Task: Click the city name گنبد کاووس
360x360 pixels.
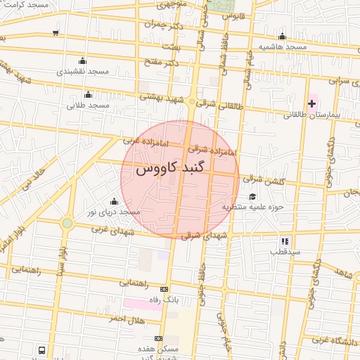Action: [x=179, y=169]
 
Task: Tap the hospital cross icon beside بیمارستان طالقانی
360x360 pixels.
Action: [x=311, y=104]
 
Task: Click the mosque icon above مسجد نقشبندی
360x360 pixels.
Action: [x=83, y=60]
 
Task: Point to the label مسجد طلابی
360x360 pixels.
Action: [x=88, y=105]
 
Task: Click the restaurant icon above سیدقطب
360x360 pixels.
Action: [x=285, y=240]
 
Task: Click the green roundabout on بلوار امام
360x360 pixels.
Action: [x=67, y=224]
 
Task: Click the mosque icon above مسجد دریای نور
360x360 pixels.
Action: [x=114, y=202]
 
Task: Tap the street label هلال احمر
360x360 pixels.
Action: [x=126, y=319]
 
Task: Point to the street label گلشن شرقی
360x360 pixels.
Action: [x=266, y=181]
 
